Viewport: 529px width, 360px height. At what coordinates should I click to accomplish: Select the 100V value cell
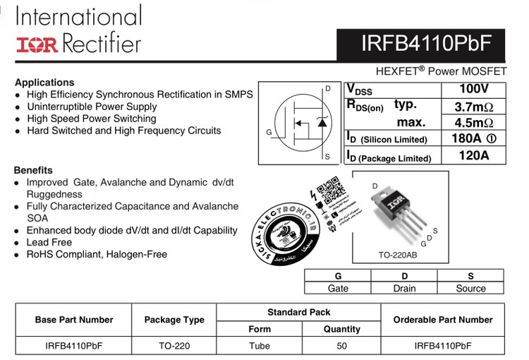pos(473,90)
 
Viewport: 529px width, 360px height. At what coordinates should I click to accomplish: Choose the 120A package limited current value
pos(473,155)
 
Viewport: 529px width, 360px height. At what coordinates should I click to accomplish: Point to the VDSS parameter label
pos(360,90)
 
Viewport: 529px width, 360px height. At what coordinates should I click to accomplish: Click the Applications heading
pos(44,82)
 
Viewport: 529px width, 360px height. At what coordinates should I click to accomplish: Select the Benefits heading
pos(33,170)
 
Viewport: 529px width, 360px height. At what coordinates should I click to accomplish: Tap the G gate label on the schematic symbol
pos(269,132)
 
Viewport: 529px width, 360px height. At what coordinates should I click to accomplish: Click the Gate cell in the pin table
pos(338,288)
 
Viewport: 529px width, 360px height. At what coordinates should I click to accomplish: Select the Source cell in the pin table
pos(470,288)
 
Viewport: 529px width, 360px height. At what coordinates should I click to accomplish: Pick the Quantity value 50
pos(342,346)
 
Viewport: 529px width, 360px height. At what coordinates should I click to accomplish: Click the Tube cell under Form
pos(260,346)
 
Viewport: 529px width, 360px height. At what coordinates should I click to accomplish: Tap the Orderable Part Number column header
pos(443,320)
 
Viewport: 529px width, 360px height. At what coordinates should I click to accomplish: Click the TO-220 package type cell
pos(174,346)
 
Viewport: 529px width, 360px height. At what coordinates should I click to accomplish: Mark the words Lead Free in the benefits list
pos(49,242)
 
